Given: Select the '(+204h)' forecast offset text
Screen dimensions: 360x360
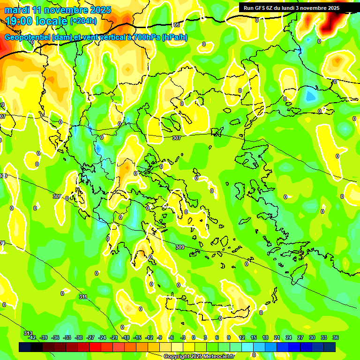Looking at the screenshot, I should point(83,21).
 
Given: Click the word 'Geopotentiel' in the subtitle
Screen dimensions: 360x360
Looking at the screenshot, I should point(28,37).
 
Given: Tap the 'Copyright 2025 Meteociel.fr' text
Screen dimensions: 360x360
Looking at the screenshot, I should point(199,357).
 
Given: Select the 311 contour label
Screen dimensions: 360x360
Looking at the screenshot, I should point(83,297).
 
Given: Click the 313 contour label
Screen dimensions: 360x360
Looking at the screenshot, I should point(28,333).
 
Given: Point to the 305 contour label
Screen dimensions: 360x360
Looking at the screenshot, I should point(176,25).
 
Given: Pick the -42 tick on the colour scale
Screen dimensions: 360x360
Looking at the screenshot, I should point(32,337).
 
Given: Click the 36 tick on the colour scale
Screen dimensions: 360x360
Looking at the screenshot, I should point(336,337).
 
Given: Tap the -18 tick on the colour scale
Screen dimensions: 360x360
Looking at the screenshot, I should point(126,337).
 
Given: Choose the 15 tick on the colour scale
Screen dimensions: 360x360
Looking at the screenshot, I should point(254,337).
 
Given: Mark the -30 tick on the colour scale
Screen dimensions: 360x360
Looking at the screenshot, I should point(79,337).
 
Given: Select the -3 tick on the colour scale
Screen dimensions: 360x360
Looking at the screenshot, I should point(183,337).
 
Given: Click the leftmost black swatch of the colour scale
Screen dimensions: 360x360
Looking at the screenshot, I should point(25,347).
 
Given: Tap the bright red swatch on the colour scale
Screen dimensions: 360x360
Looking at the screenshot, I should point(95,347).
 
